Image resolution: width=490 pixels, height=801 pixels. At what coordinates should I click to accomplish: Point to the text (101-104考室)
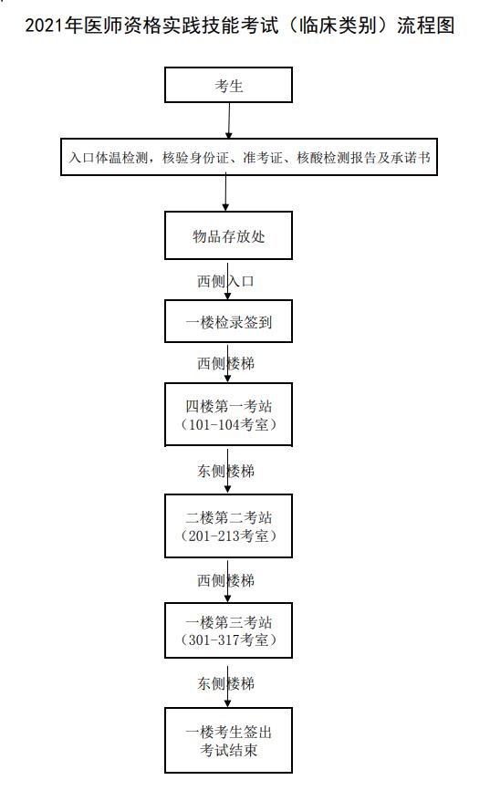(x=228, y=424)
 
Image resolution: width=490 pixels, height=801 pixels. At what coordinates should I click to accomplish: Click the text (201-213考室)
(x=228, y=536)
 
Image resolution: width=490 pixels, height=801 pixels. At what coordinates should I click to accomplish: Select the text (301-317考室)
(x=228, y=640)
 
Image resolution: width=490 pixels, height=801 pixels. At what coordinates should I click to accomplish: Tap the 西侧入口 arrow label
(x=225, y=281)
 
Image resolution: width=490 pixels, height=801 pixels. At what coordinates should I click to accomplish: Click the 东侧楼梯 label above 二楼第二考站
(x=225, y=471)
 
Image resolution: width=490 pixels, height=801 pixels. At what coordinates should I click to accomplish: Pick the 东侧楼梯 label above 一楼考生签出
(x=225, y=683)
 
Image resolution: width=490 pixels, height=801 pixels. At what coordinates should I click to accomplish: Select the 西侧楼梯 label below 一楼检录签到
(x=225, y=363)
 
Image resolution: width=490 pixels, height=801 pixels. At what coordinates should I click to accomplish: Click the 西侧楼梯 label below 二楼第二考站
(x=225, y=580)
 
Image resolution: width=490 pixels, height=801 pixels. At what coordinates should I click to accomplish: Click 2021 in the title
(x=45, y=25)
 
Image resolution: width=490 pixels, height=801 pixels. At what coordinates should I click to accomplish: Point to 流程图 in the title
(x=425, y=25)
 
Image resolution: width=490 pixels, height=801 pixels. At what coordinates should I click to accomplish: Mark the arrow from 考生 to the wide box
(x=229, y=120)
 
